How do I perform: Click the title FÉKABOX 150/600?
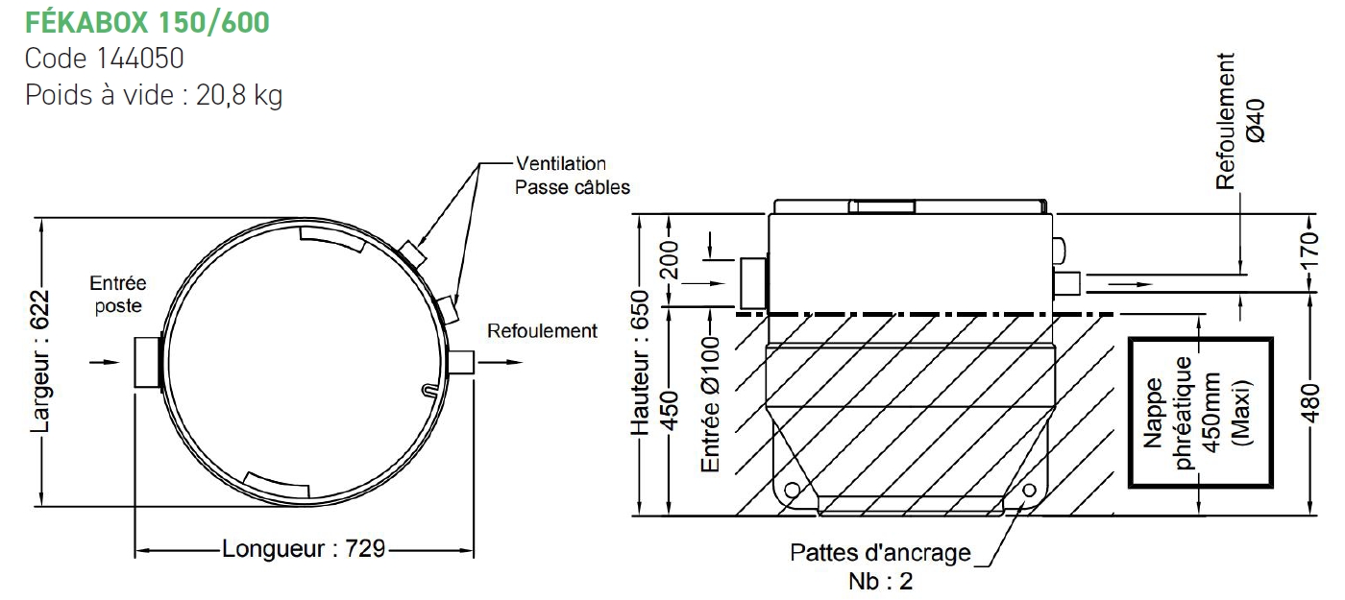pyautogui.click(x=147, y=23)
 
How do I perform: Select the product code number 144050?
pyautogui.click(x=140, y=59)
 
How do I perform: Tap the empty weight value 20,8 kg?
pyautogui.click(x=239, y=95)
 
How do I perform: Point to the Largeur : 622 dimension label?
pyautogui.click(x=40, y=362)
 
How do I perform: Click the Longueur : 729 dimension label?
pyautogui.click(x=304, y=548)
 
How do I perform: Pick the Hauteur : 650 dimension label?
pyautogui.click(x=640, y=363)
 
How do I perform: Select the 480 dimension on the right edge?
pyautogui.click(x=1312, y=403)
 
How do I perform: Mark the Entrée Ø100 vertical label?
pyautogui.click(x=710, y=404)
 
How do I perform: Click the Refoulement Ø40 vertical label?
pyautogui.click(x=1240, y=121)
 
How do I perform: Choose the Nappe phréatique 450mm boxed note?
pyautogui.click(x=1201, y=413)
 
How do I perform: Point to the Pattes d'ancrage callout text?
pyautogui.click(x=880, y=553)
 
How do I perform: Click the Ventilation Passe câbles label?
pyautogui.click(x=573, y=175)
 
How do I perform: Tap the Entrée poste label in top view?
pyautogui.click(x=118, y=295)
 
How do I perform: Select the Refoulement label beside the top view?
pyautogui.click(x=542, y=330)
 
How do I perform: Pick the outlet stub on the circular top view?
pyautogui.click(x=461, y=362)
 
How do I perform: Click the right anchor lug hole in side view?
pyautogui.click(x=1029, y=491)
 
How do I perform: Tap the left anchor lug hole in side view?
pyautogui.click(x=792, y=491)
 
